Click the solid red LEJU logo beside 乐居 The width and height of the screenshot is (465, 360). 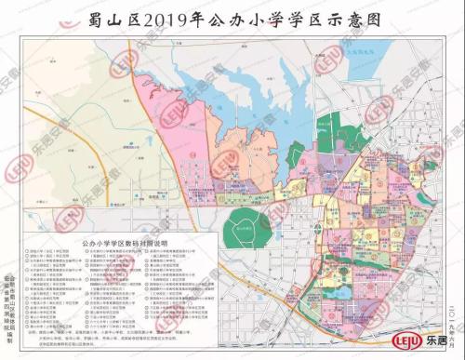coord(405,341)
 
